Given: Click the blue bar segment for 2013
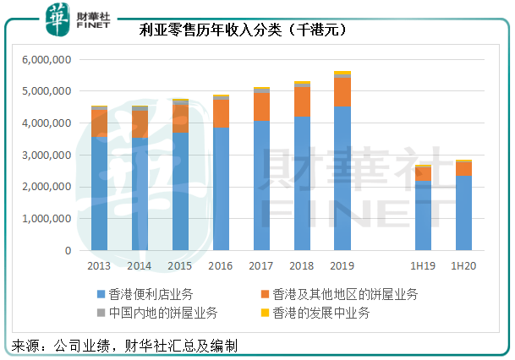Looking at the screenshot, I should pyautogui.click(x=99, y=194).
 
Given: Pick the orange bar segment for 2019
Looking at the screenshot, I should pyautogui.click(x=342, y=91).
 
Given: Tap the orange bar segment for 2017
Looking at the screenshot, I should pyautogui.click(x=261, y=106).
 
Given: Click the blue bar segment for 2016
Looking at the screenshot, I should pyautogui.click(x=221, y=189).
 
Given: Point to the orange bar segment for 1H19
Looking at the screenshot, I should pyautogui.click(x=423, y=173).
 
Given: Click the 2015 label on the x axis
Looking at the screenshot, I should pyautogui.click(x=180, y=265).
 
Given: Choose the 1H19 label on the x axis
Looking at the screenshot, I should pyautogui.click(x=423, y=265).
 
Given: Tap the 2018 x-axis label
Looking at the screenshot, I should pyautogui.click(x=302, y=265).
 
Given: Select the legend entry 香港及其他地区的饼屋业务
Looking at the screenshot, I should pyautogui.click(x=338, y=294).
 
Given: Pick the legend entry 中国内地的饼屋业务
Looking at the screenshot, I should pyautogui.click(x=157, y=313).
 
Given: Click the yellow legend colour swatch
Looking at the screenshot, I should pyautogui.click(x=265, y=313).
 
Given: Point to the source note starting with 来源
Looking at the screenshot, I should pyautogui.click(x=123, y=346).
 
